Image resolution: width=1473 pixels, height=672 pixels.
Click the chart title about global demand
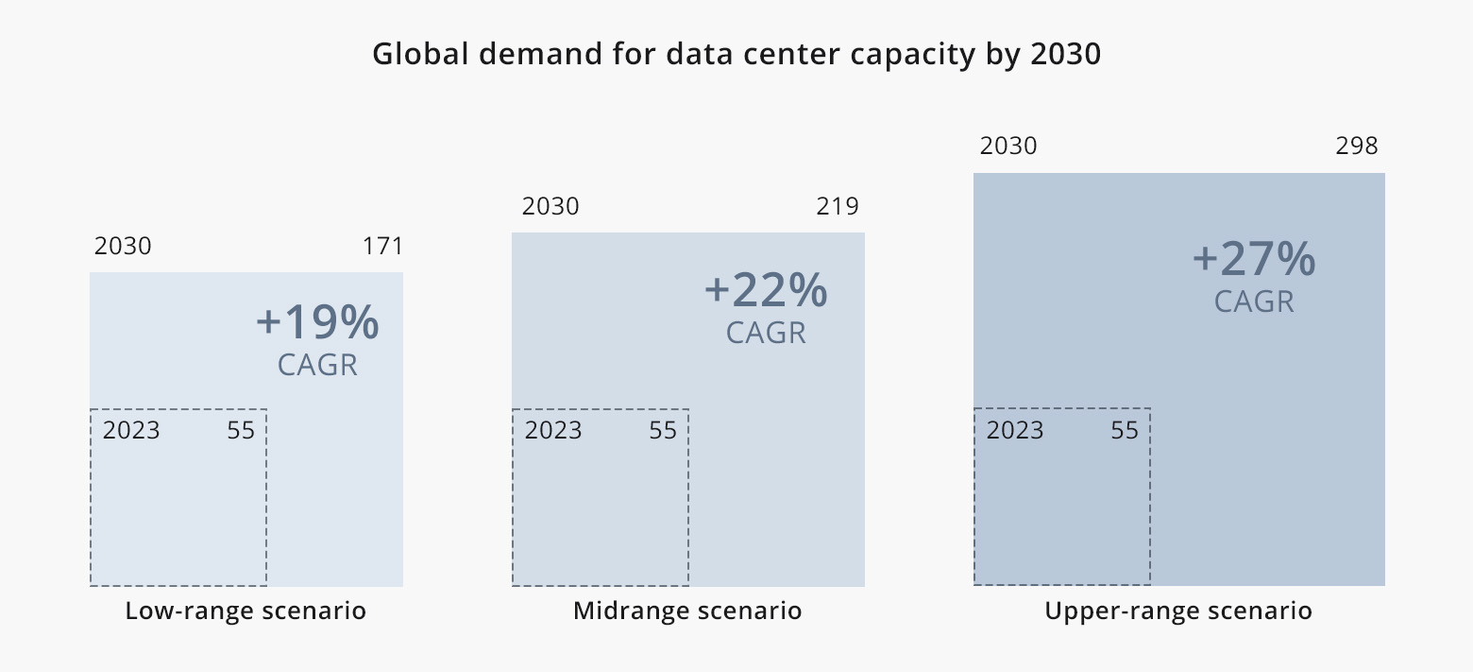[x=736, y=54]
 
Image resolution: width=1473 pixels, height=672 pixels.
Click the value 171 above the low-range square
[x=382, y=247]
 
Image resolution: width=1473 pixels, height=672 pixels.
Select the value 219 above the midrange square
[x=838, y=207]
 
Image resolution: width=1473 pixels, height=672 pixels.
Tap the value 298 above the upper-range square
[x=1357, y=146]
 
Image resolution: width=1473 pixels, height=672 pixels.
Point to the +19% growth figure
[x=317, y=323]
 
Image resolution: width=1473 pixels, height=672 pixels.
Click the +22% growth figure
[x=766, y=291]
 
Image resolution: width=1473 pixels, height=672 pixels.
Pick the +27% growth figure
[x=1254, y=259]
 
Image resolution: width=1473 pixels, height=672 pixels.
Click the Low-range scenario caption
[x=245, y=611]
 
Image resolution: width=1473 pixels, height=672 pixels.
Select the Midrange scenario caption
[x=687, y=611]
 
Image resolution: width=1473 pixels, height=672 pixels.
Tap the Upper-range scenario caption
[x=1178, y=611]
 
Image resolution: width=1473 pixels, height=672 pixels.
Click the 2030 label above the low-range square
[x=123, y=247]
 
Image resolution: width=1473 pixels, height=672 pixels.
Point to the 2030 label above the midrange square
[x=550, y=207]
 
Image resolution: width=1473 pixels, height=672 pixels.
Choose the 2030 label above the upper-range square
[x=1008, y=146]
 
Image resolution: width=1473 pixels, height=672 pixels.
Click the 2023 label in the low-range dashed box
[x=131, y=431]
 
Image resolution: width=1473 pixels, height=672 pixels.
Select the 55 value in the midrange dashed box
[x=663, y=431]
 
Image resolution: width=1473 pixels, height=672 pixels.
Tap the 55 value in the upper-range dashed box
[x=1125, y=431]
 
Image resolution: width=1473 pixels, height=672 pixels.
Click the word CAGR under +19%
[x=317, y=365]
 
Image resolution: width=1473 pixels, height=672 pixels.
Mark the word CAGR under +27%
[x=1254, y=302]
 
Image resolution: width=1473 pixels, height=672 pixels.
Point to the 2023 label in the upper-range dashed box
[x=1015, y=431]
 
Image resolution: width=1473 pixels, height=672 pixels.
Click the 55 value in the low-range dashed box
[x=241, y=431]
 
